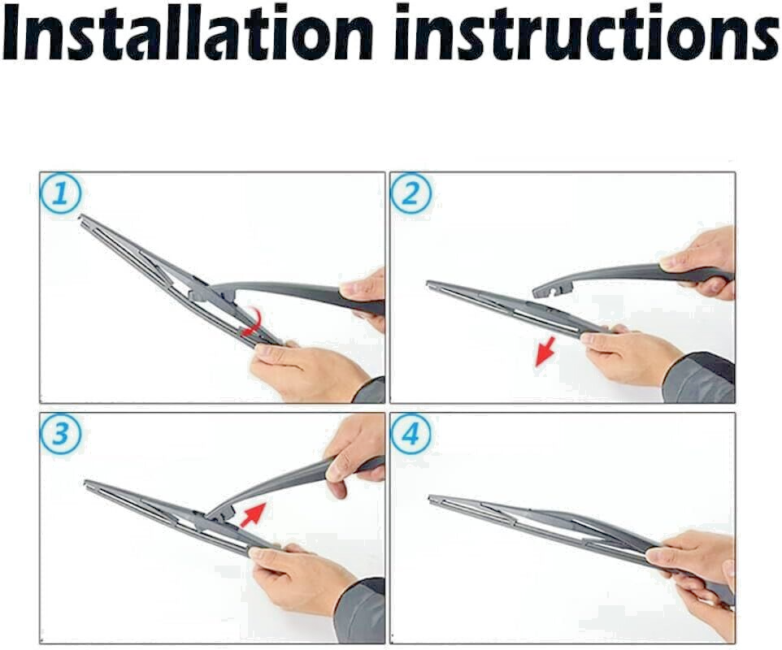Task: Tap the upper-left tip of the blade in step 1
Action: pos(82,218)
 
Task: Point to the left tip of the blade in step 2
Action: pos(430,284)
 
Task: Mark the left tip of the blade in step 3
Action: pos(87,484)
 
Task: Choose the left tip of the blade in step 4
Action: pos(432,498)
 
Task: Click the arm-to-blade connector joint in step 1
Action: pos(200,287)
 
